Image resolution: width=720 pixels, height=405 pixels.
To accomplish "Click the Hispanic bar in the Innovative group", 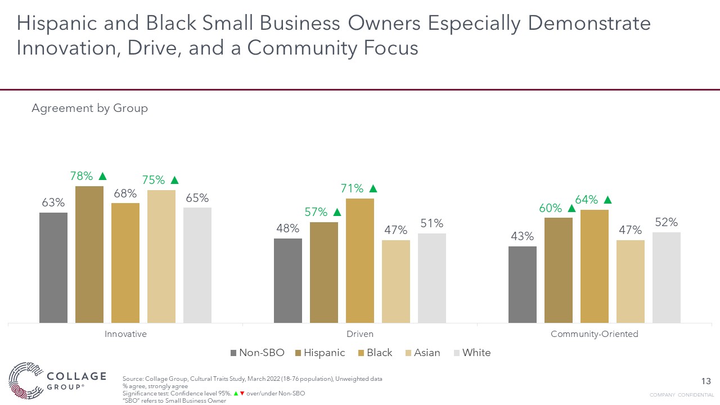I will [89, 254].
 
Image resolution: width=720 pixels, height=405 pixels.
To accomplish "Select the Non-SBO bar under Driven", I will [288, 280].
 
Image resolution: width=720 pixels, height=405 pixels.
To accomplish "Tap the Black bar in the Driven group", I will [360, 260].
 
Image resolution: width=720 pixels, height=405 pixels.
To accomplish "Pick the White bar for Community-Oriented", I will [666, 277].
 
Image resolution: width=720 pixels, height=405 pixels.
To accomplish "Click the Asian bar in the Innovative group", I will [161, 256].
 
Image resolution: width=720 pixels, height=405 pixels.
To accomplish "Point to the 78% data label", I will [82, 176].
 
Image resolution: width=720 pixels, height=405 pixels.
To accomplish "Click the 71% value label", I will [352, 188].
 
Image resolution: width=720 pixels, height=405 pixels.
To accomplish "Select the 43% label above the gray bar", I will [522, 236].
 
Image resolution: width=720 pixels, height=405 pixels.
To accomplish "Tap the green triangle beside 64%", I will [607, 200].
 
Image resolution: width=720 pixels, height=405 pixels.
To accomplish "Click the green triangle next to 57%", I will [337, 212].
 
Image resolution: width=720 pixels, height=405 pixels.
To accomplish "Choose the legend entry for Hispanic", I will [319, 353].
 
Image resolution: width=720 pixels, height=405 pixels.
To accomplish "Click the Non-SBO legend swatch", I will [233, 353].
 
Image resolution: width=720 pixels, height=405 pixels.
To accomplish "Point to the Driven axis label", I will [360, 334].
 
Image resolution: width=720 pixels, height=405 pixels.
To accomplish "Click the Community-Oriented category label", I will [594, 334].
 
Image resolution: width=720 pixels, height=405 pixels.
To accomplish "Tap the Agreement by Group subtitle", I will [89, 108].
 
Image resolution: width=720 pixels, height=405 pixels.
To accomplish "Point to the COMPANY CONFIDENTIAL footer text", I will [682, 395].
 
